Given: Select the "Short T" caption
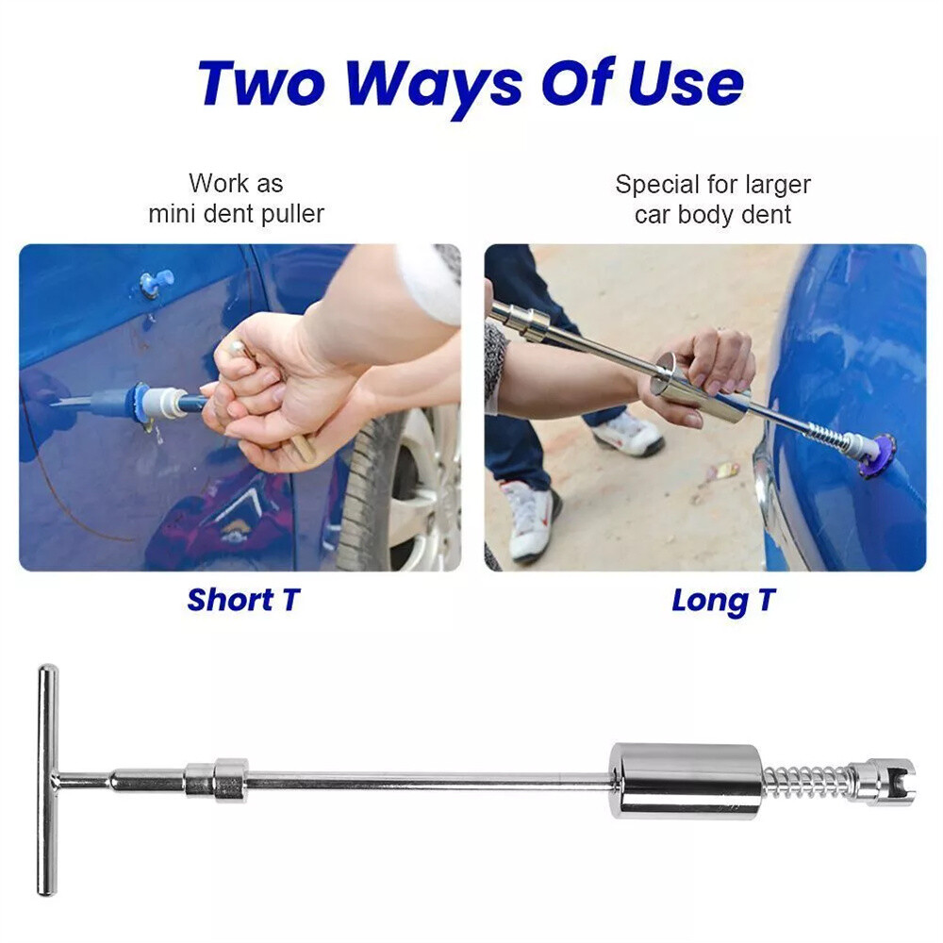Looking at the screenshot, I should pos(242,600).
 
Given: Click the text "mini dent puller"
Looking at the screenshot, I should pos(236,214).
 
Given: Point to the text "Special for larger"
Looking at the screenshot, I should pos(713,184).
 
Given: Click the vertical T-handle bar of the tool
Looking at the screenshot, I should pos(47,779).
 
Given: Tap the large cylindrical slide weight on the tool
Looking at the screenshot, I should pos(686,780).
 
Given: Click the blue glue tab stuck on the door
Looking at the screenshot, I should pos(156,281).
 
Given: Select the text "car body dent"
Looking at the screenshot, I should pos(713,215).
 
